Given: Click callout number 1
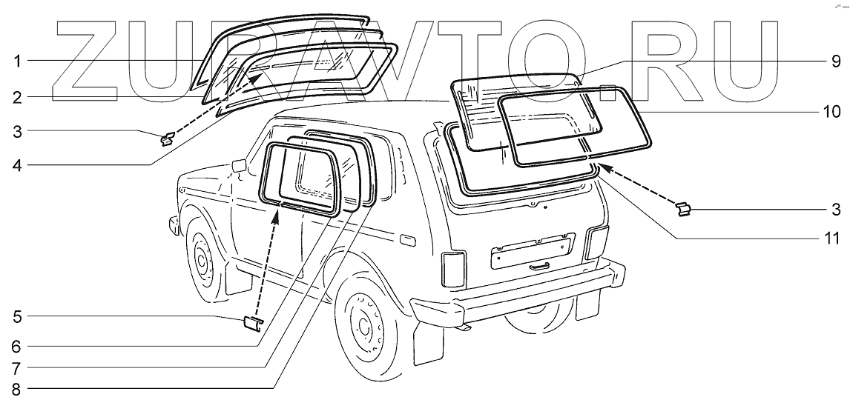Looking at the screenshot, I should click(16, 61).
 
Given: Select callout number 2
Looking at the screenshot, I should click(16, 96).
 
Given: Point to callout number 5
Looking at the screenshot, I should click(16, 317).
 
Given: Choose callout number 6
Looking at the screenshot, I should click(16, 345).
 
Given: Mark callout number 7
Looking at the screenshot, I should click(16, 367).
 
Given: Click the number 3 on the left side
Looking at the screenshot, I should click(16, 132).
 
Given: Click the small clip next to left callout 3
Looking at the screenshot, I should click(168, 138).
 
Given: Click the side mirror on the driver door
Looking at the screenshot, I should click(238, 165).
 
